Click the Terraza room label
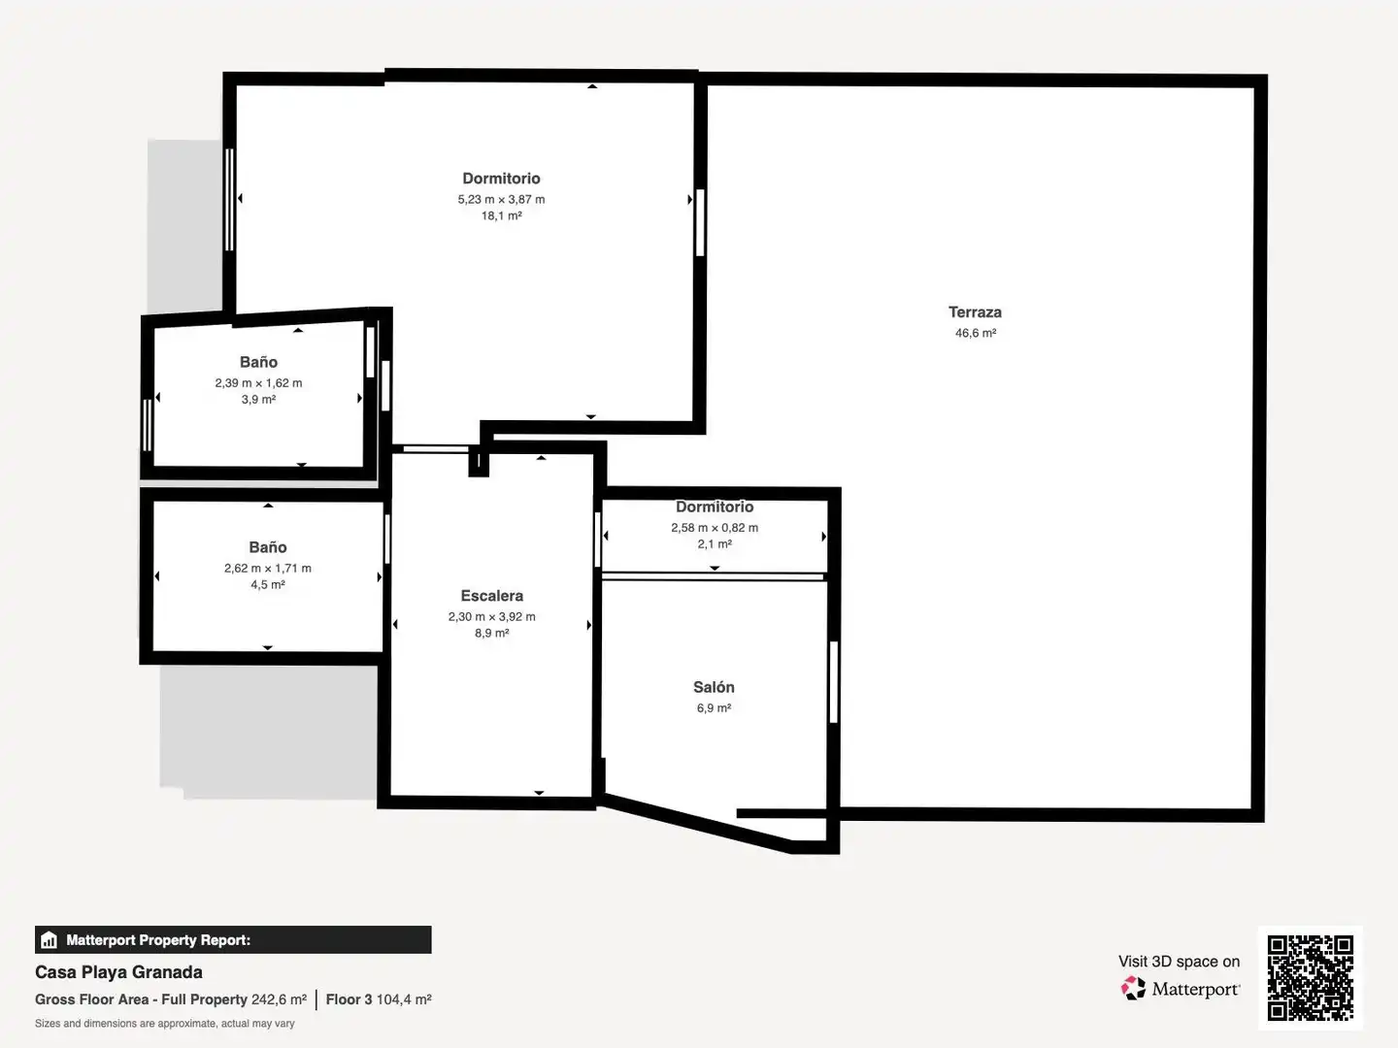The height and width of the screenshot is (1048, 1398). [975, 312]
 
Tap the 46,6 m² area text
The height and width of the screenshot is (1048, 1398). [975, 333]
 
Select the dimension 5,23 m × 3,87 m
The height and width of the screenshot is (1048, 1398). [501, 199]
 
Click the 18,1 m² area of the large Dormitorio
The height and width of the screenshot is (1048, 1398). [501, 215]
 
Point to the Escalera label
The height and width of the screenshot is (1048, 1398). [491, 596]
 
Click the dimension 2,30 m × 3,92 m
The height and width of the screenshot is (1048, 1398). [491, 616]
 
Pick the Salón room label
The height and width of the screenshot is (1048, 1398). [714, 687]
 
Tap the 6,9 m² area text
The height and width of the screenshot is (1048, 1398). [714, 708]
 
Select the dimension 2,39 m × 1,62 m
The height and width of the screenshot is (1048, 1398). [258, 383]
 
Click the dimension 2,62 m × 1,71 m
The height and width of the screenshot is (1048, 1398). [268, 569]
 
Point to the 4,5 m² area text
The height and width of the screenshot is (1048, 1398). [268, 585]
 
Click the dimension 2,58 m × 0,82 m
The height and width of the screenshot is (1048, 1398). [715, 528]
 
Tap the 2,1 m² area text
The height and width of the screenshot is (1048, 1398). [715, 544]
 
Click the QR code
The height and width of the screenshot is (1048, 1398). [1310, 978]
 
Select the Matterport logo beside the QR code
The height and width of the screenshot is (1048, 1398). [1181, 989]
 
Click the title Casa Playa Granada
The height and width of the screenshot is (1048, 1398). [118, 972]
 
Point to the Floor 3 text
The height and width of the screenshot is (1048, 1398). [349, 999]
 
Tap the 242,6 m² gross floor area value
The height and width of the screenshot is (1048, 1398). [279, 999]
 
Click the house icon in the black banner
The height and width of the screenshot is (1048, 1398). [49, 940]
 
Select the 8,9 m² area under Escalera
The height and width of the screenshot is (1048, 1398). [491, 633]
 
